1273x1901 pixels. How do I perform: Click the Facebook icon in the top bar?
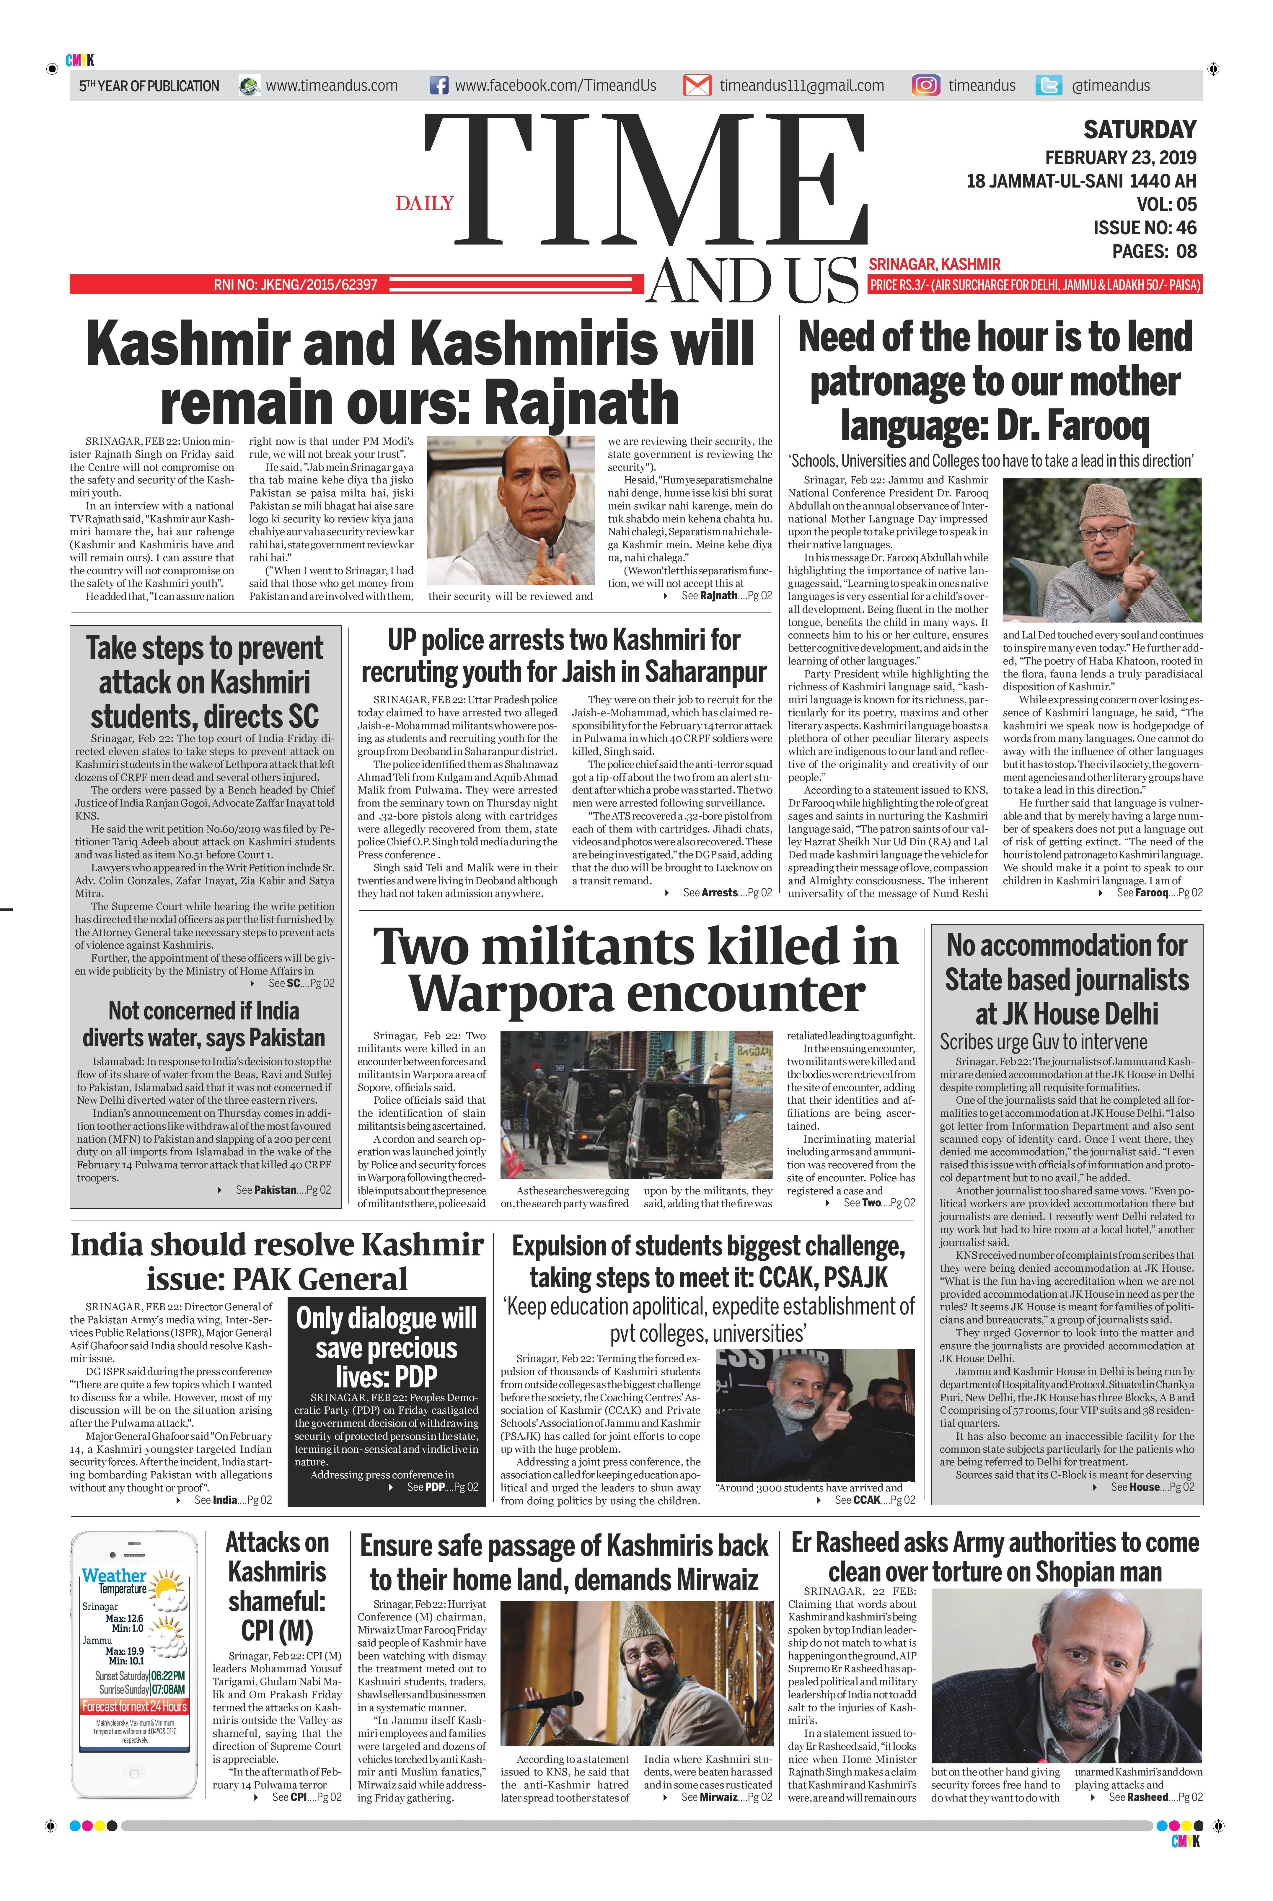pos(439,85)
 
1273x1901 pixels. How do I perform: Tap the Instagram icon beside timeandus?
pos(925,85)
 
